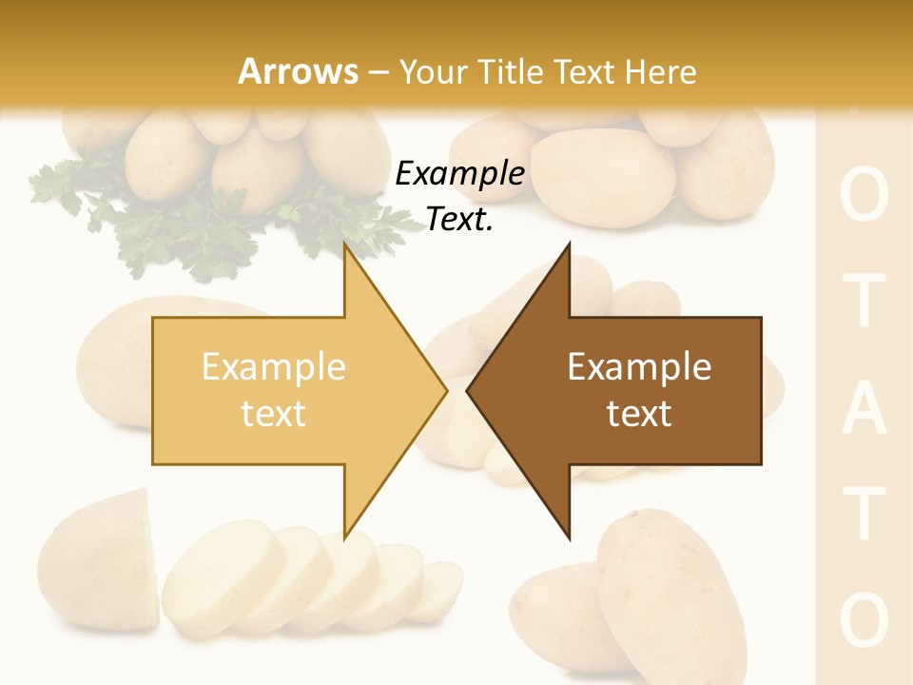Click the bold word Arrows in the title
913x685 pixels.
tap(299, 71)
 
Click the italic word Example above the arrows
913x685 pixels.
tap(459, 173)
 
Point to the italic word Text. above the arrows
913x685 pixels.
tap(459, 219)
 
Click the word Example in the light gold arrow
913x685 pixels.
tap(274, 367)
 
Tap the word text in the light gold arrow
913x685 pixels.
tap(274, 414)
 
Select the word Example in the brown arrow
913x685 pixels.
tap(639, 367)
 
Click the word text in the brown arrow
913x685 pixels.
tap(639, 414)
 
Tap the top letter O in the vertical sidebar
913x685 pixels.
tap(864, 197)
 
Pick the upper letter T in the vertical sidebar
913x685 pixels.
tap(864, 303)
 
